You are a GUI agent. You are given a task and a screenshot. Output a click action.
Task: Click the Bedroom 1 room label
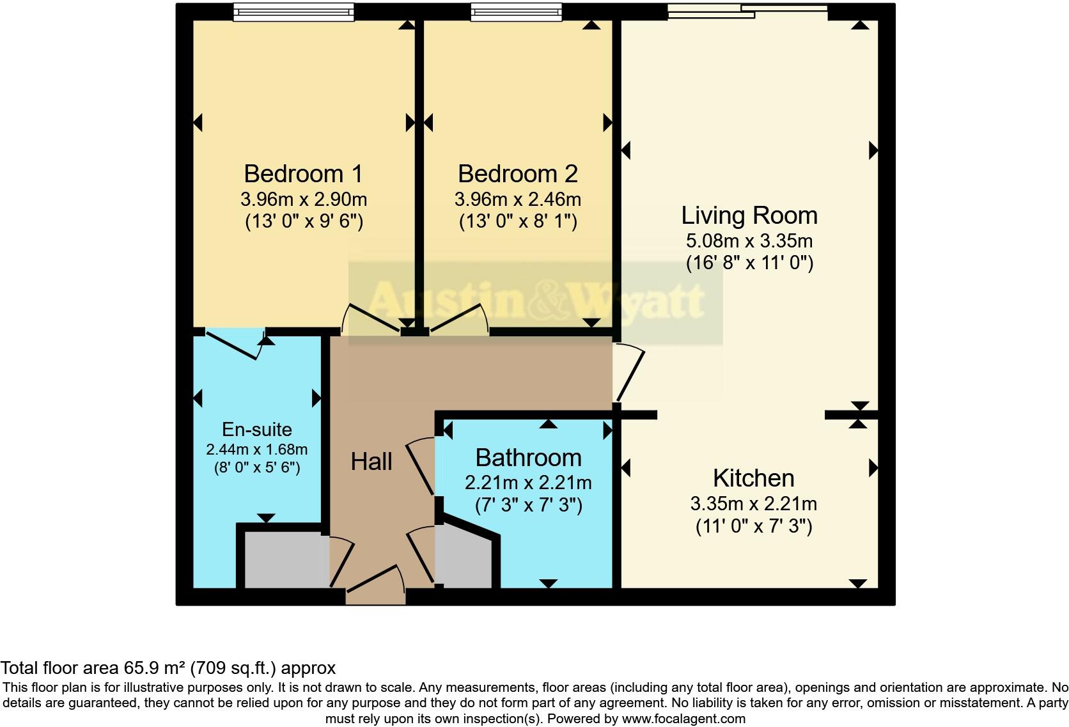(x=303, y=174)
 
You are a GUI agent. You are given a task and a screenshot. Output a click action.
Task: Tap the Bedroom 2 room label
(x=518, y=174)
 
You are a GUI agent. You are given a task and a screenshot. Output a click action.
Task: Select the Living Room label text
(x=749, y=215)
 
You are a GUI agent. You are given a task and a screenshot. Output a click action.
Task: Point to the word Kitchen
(x=753, y=478)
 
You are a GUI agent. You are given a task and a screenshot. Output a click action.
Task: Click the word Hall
(x=371, y=462)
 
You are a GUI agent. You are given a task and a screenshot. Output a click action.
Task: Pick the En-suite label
(x=256, y=430)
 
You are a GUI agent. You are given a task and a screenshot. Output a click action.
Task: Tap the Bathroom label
(x=529, y=458)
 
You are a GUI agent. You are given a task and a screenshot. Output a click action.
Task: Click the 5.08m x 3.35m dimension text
(x=749, y=242)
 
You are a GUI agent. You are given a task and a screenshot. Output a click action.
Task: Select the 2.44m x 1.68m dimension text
(x=256, y=449)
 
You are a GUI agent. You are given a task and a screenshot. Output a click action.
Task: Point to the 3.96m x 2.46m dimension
(x=518, y=199)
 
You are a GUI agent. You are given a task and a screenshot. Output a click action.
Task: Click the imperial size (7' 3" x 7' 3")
(x=529, y=506)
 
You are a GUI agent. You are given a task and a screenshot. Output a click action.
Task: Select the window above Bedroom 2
(x=517, y=12)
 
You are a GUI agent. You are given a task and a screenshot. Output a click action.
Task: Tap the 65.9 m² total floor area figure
(x=154, y=668)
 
